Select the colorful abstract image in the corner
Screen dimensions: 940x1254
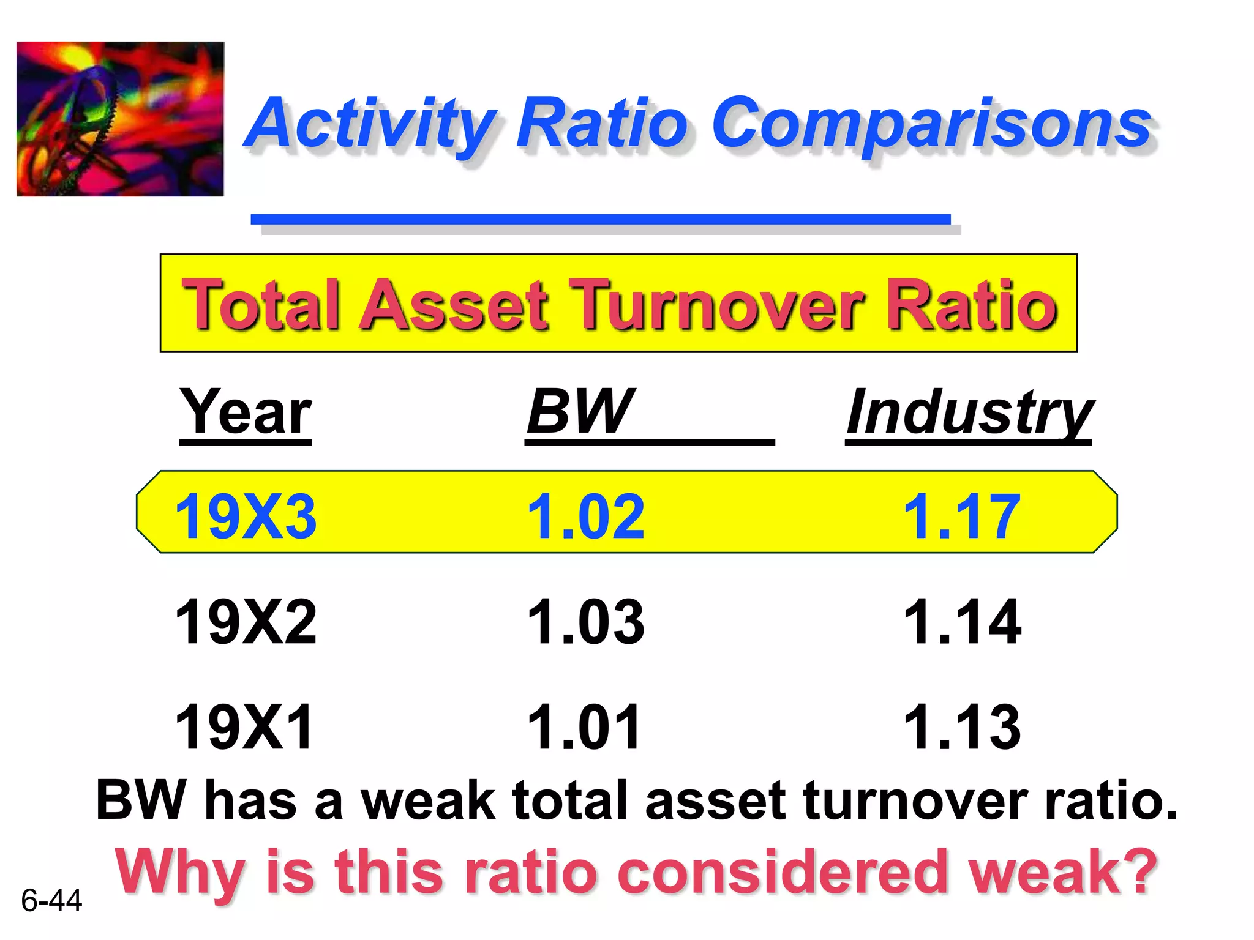point(120,119)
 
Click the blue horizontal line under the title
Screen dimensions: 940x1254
point(600,219)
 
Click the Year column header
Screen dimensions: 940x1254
point(246,412)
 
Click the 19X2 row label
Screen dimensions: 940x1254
point(246,622)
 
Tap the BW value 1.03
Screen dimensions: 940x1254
point(585,622)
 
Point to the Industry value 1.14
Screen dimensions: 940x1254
point(962,622)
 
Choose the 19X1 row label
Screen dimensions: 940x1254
point(244,727)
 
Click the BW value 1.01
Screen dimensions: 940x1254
point(584,727)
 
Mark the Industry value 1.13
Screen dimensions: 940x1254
point(962,727)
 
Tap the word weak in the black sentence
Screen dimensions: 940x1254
point(427,800)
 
